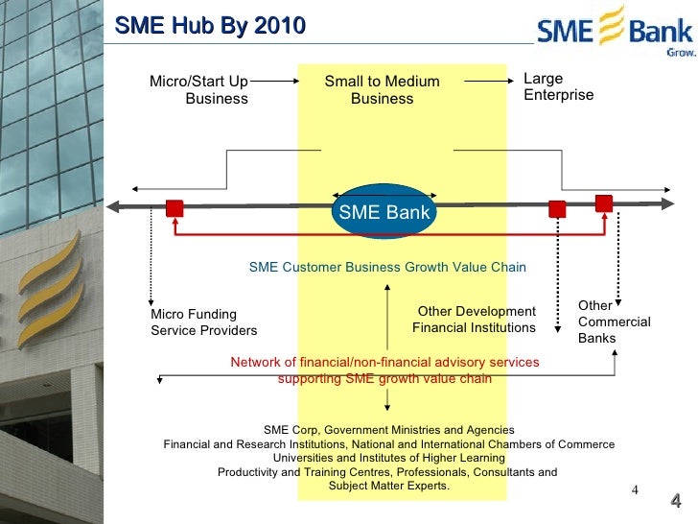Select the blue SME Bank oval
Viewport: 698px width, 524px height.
click(x=384, y=212)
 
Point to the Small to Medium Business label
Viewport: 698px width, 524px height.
click(x=382, y=90)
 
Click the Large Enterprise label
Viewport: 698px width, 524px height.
click(x=558, y=87)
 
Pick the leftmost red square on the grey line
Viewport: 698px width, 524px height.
click(x=174, y=208)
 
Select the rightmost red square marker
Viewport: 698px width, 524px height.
click(x=603, y=202)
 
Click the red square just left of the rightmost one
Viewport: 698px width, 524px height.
click(x=557, y=208)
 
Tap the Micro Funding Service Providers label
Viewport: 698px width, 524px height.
click(x=204, y=322)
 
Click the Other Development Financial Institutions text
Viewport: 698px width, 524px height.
click(x=475, y=320)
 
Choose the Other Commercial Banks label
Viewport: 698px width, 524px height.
click(x=614, y=322)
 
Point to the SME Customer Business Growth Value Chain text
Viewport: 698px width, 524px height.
click(x=387, y=268)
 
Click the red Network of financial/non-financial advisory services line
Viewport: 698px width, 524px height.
click(x=384, y=363)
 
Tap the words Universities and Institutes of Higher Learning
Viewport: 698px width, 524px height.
click(x=388, y=458)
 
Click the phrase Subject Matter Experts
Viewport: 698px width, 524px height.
click(x=388, y=486)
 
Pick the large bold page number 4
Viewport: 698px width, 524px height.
click(x=675, y=502)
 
